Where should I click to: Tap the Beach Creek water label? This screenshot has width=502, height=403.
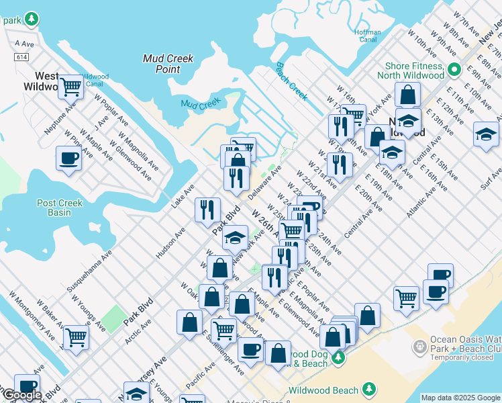(x=291, y=81)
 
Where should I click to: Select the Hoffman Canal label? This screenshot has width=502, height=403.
(x=368, y=36)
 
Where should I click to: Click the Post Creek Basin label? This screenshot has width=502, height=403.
(x=60, y=208)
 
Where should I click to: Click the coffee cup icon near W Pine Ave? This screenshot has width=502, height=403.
(x=68, y=159)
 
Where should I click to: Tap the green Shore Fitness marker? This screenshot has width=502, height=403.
(x=454, y=69)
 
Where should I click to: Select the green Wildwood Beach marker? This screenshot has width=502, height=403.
(x=368, y=389)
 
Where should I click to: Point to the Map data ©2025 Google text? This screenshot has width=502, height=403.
(x=460, y=398)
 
